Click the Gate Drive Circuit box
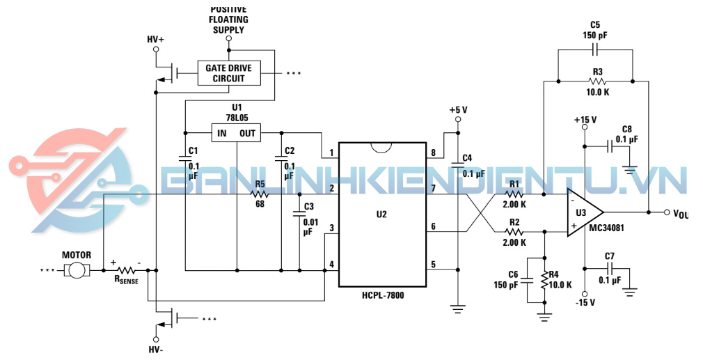click(228, 73)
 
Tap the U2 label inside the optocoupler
click(381, 214)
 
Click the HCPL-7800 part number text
click(382, 295)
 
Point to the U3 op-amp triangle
click(582, 212)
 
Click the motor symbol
click(77, 270)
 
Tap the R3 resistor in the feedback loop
click(596, 81)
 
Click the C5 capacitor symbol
click(596, 49)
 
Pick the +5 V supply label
click(458, 110)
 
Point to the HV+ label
click(155, 40)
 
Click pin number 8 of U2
click(434, 153)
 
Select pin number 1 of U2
click(332, 153)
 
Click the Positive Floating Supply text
click(228, 19)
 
